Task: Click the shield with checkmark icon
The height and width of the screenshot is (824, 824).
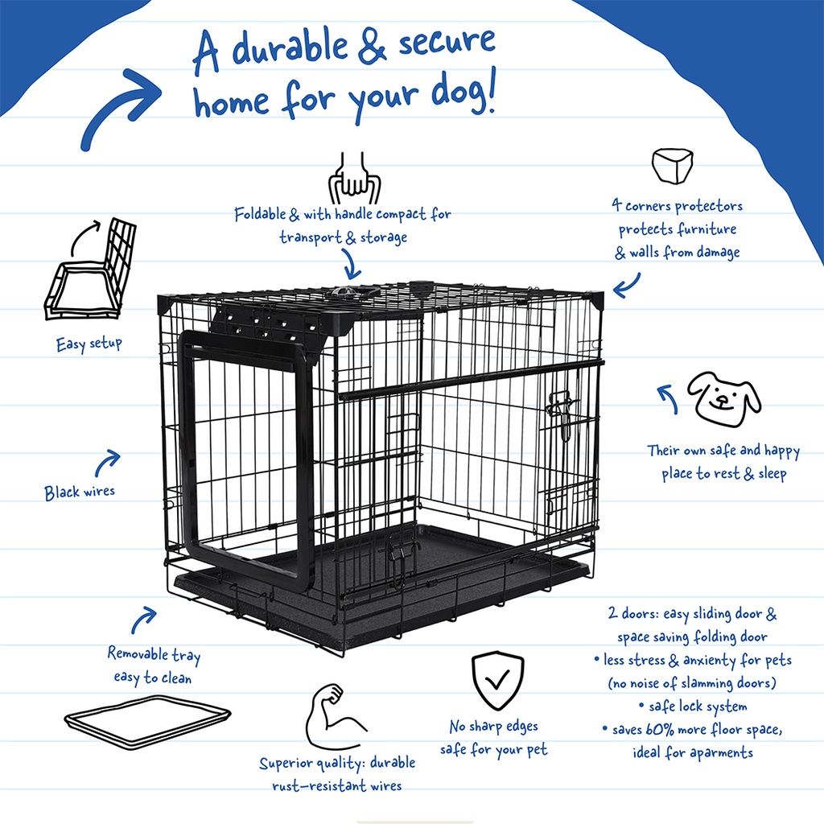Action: [x=496, y=679]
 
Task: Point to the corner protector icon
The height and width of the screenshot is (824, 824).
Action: [x=673, y=167]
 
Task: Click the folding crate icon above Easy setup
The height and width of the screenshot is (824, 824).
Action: [x=90, y=270]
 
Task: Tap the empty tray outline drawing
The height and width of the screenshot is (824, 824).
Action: [x=146, y=722]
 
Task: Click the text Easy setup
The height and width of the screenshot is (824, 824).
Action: [x=89, y=344]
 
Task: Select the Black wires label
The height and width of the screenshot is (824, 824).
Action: [x=80, y=492]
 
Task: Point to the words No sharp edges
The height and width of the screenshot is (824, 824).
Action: [x=493, y=727]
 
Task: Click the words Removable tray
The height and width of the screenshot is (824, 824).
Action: [x=154, y=654]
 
